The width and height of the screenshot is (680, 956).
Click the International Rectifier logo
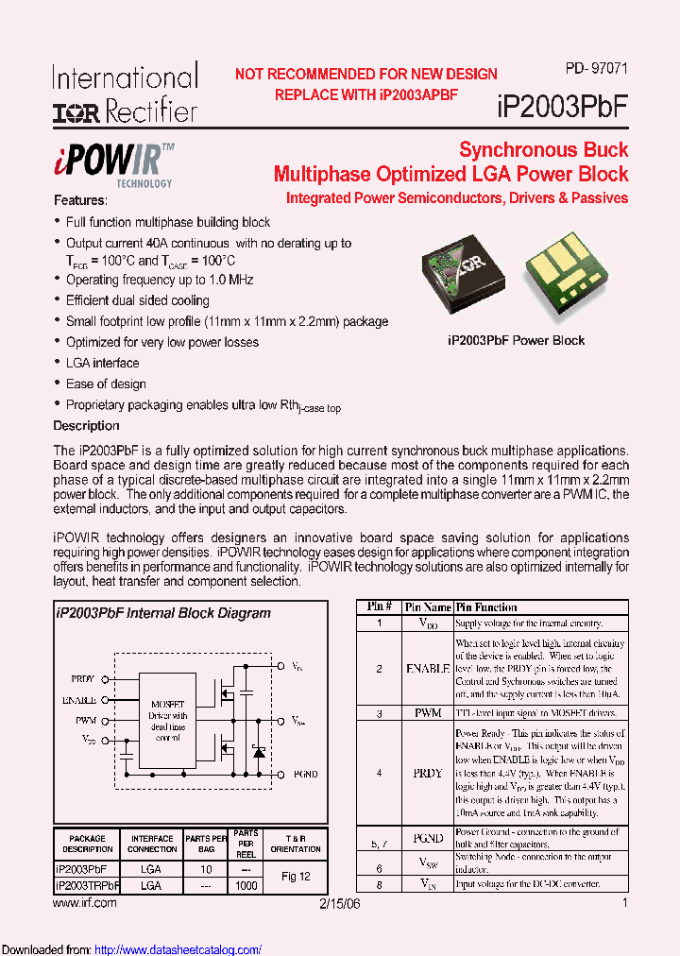tap(125, 93)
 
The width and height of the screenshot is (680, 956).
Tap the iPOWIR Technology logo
tap(125, 162)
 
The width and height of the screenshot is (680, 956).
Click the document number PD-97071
tap(596, 68)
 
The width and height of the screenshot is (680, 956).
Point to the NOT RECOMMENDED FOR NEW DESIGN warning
tap(365, 74)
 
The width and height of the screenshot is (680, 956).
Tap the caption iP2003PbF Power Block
tap(516, 340)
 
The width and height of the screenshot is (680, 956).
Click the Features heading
tap(80, 200)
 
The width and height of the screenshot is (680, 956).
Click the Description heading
tap(86, 425)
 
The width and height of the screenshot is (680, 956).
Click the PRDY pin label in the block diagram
tap(83, 678)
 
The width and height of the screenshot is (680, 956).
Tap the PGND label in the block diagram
tap(306, 774)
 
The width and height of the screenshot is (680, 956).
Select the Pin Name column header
tap(428, 607)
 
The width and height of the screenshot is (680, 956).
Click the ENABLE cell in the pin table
tap(428, 668)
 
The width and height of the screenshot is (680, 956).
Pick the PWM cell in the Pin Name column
tap(428, 713)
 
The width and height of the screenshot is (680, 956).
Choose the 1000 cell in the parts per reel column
tap(246, 886)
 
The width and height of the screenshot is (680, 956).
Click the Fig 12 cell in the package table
tap(296, 877)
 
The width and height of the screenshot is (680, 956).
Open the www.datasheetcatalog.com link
tap(178, 949)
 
